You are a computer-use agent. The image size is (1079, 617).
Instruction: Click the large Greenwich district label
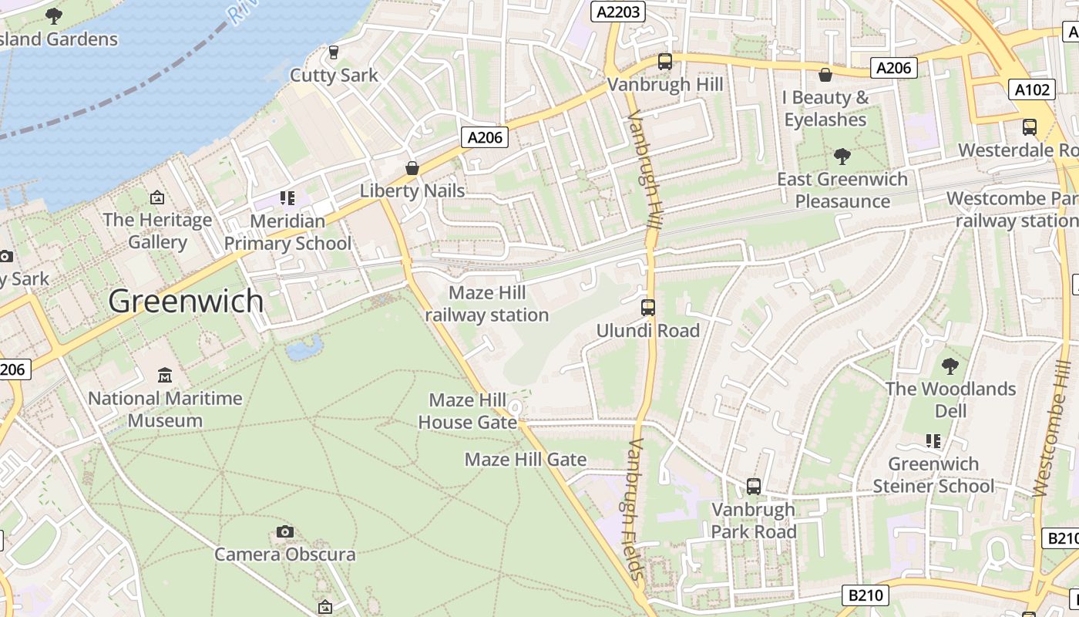pyautogui.click(x=186, y=300)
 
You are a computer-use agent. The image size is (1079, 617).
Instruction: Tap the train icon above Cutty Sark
pyautogui.click(x=334, y=52)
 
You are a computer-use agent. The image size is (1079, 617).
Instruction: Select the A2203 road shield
pyautogui.click(x=618, y=11)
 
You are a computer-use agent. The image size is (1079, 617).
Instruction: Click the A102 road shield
pyautogui.click(x=1031, y=89)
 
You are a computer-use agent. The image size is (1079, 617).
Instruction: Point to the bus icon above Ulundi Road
pyautogui.click(x=648, y=308)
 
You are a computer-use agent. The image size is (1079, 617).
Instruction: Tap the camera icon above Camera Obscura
pyautogui.click(x=285, y=531)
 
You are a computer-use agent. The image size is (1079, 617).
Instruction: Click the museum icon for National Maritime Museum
pyautogui.click(x=165, y=376)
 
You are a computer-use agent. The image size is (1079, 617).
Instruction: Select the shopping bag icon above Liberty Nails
pyautogui.click(x=412, y=168)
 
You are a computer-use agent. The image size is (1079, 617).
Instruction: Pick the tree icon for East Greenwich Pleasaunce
pyautogui.click(x=842, y=157)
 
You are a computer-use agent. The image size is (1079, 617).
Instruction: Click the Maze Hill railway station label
pyautogui.click(x=487, y=304)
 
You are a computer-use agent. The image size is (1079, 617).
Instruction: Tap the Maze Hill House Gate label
pyautogui.click(x=468, y=411)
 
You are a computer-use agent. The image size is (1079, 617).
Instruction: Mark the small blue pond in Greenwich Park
pyautogui.click(x=304, y=348)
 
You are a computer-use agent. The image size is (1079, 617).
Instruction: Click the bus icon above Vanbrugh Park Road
pyautogui.click(x=754, y=487)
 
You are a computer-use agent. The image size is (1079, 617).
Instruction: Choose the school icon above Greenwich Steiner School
pyautogui.click(x=933, y=441)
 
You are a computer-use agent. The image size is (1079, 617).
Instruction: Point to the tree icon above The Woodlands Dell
pyautogui.click(x=950, y=366)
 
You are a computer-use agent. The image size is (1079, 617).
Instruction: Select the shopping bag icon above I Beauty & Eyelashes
pyautogui.click(x=825, y=75)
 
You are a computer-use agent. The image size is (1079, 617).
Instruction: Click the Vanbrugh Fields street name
pyautogui.click(x=635, y=509)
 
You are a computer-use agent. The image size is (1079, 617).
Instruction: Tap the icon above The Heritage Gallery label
pyautogui.click(x=157, y=197)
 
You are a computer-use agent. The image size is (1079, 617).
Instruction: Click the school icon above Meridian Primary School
pyautogui.click(x=288, y=198)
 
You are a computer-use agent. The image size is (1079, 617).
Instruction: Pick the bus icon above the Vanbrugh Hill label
pyautogui.click(x=665, y=62)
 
